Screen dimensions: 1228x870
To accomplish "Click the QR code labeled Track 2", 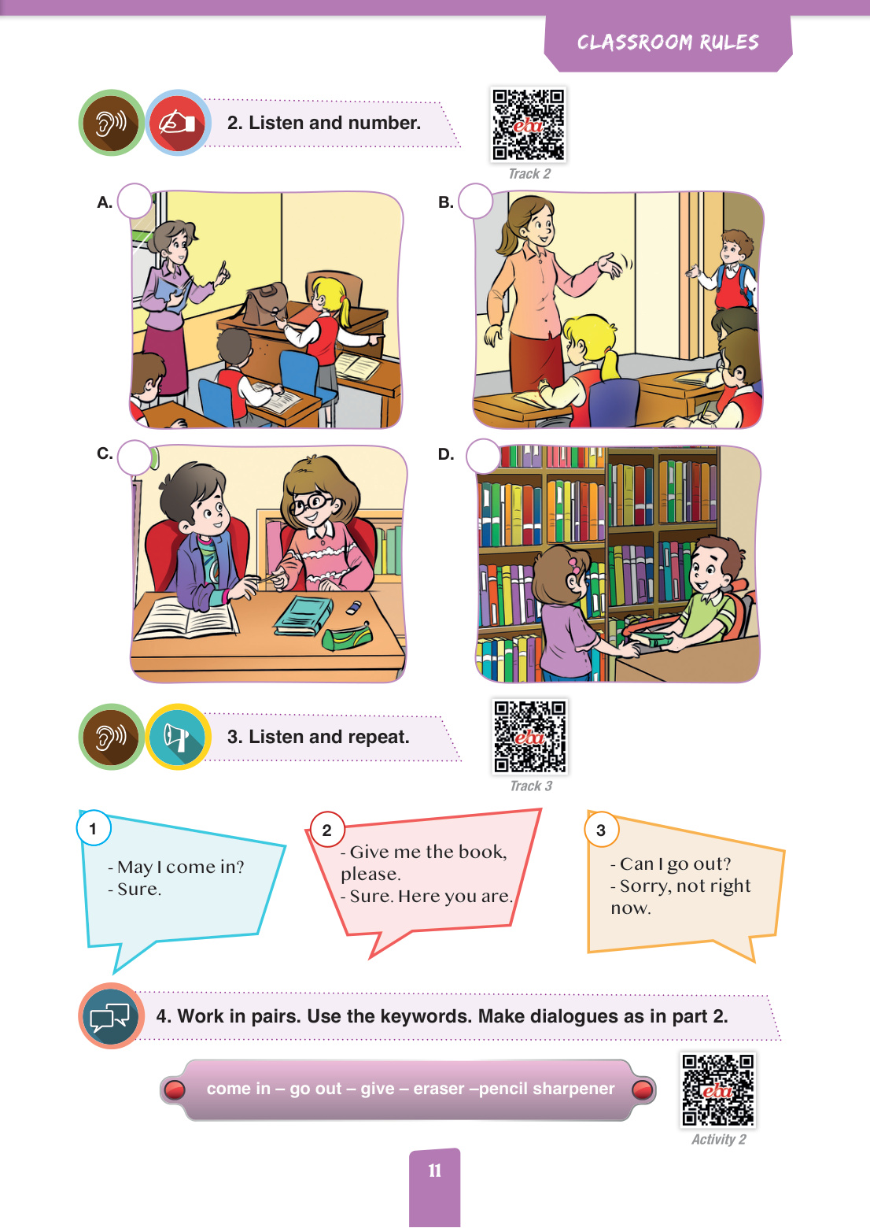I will click(x=529, y=124).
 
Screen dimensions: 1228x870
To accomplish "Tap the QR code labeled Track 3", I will click(x=529, y=737).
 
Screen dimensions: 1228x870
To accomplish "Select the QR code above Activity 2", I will click(x=717, y=1090).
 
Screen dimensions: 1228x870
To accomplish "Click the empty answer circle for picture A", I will click(x=135, y=201).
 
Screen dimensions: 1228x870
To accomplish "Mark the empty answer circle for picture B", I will click(x=475, y=201).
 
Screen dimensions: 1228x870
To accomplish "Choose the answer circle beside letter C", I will click(x=135, y=457).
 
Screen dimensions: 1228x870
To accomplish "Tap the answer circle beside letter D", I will click(x=483, y=456).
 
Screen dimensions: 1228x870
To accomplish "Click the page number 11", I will click(x=434, y=1171).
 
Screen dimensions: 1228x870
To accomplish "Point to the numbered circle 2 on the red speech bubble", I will click(x=327, y=830).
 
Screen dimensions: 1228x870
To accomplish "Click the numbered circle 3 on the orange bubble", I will click(x=602, y=830).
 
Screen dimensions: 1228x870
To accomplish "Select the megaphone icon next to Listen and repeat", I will click(x=178, y=737).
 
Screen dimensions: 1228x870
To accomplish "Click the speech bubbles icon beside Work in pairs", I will click(x=110, y=1016).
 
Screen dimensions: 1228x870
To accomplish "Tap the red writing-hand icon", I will click(x=178, y=123).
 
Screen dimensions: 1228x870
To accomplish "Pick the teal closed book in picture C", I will click(x=304, y=615).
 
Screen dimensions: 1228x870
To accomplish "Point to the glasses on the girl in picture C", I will click(x=310, y=503).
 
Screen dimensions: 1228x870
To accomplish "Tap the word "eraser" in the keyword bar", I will click(x=438, y=1089).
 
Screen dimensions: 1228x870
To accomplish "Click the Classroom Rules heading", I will click(x=668, y=43).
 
